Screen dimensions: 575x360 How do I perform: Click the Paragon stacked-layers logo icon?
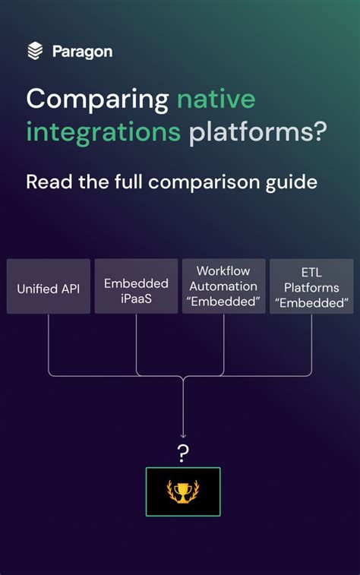click(35, 51)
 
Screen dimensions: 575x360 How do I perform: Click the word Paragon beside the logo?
click(82, 52)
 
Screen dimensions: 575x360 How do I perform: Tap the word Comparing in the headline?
click(97, 99)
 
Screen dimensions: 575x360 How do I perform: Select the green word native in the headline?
click(216, 99)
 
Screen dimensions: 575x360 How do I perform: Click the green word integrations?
click(103, 132)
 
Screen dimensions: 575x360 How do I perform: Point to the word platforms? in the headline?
click(257, 132)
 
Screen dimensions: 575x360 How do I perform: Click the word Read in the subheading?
click(48, 182)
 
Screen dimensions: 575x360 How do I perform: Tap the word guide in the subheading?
click(293, 182)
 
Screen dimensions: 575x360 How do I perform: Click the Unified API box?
click(49, 286)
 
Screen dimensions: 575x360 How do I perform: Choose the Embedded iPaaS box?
click(136, 286)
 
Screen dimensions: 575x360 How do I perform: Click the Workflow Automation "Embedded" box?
click(223, 286)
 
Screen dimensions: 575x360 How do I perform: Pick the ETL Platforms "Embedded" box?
click(311, 286)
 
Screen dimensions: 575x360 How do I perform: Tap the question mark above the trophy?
click(183, 453)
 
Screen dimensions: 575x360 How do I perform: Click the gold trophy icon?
click(183, 492)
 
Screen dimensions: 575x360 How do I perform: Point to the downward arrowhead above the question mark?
click(183, 436)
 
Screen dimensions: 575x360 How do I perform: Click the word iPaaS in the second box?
click(136, 299)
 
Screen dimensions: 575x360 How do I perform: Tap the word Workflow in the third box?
click(223, 271)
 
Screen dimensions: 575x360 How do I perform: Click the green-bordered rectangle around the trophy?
click(156, 492)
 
